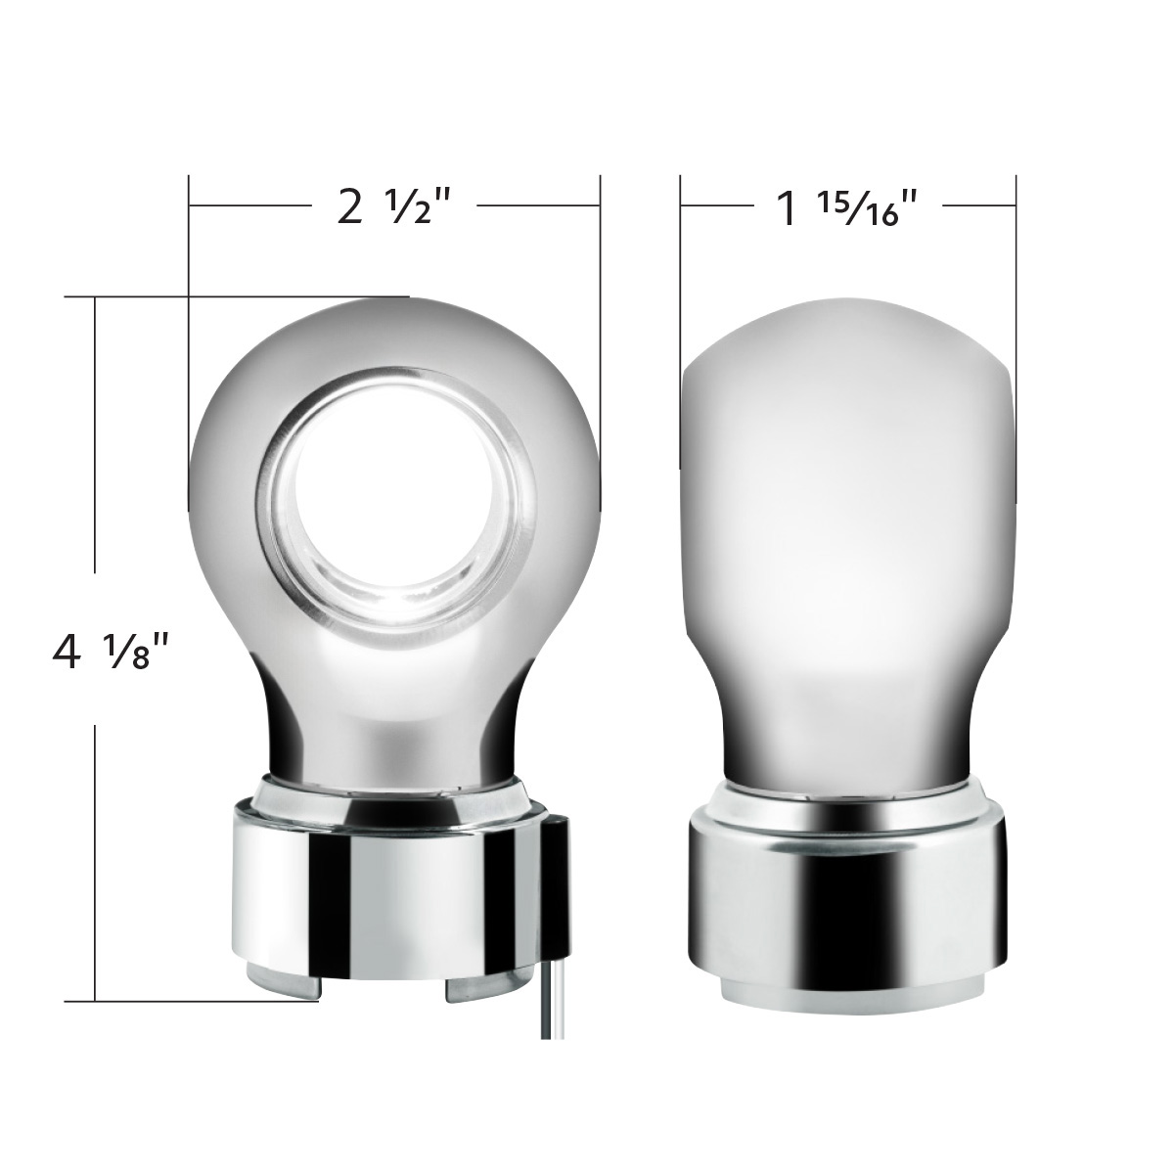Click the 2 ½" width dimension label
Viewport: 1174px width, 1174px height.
pyautogui.click(x=393, y=208)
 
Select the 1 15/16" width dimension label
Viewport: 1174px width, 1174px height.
pyautogui.click(x=847, y=208)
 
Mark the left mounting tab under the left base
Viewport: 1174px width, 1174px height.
pyautogui.click(x=279, y=988)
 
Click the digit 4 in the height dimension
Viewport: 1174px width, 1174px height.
pyautogui.click(x=66, y=651)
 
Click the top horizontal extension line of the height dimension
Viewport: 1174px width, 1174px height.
pyautogui.click(x=235, y=295)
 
